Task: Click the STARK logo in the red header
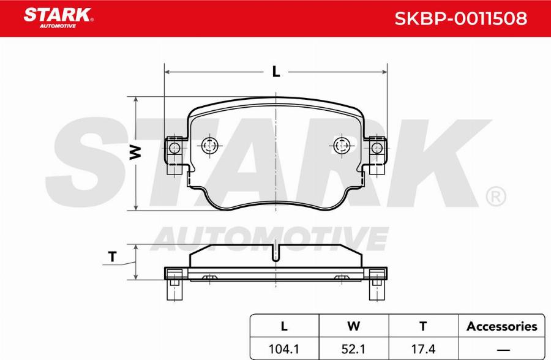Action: pos(58,18)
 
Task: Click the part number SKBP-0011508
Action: pos(460,18)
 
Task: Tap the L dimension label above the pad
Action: pos(276,72)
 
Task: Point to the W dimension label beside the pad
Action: pos(135,152)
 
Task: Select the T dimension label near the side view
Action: pos(113,257)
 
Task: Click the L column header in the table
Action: pos(284,326)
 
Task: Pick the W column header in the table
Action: pos(353,326)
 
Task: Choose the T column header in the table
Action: pos(423,326)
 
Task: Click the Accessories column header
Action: pos(502,326)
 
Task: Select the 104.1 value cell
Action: pos(283,349)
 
